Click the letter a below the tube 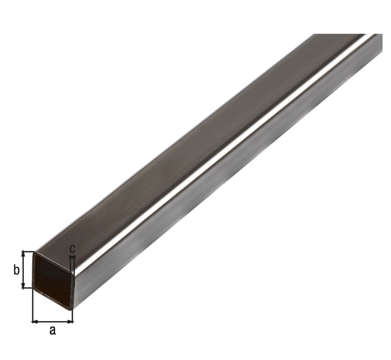tap(53, 330)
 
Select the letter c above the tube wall tap(72, 249)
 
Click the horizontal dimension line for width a tap(53, 321)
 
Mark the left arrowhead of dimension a tap(35, 321)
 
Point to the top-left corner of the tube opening tap(35, 251)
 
